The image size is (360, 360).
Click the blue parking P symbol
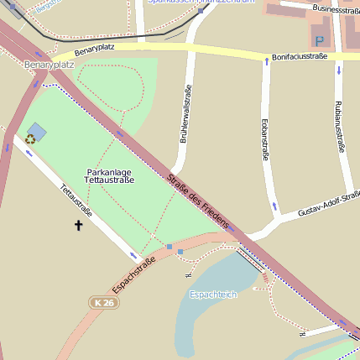tap(319, 40)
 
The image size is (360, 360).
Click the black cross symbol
tap(79, 225)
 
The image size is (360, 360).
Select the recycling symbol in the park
tap(30, 139)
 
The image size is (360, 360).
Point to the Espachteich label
tap(213, 295)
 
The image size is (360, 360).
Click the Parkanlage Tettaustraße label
tap(110, 175)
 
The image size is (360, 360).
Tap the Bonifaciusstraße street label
tap(299, 57)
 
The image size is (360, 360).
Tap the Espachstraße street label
tap(134, 275)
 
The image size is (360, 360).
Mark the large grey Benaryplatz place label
tap(50, 64)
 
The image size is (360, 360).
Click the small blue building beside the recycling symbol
tap(37, 131)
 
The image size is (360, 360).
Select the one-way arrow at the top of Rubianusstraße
tap(338, 70)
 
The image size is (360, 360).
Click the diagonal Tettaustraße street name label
tap(76, 201)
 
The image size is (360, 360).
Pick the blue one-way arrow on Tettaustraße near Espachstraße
tap(133, 253)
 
